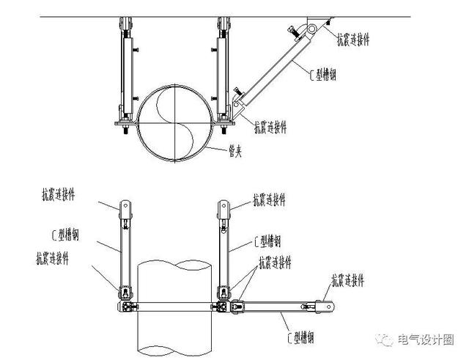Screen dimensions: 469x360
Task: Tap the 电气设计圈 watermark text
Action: [x=426, y=339]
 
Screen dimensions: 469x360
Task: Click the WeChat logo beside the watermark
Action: [x=385, y=339]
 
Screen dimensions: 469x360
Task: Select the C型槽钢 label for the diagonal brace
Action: [x=322, y=74]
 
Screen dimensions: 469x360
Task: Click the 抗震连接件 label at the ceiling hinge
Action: [x=353, y=39]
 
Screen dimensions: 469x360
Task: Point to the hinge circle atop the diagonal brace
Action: [x=311, y=29]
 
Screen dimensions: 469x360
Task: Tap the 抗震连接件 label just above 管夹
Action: [x=270, y=127]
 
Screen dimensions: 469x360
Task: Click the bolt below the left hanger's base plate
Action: [x=125, y=129]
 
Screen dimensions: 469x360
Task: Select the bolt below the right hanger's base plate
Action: [x=224, y=129]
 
